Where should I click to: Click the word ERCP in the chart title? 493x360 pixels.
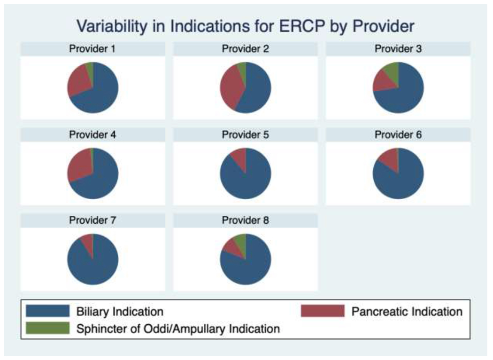click(302, 26)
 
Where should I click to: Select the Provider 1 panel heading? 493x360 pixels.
click(92, 49)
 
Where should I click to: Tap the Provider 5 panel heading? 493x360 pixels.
click(245, 135)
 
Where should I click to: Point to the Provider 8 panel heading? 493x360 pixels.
click(245, 220)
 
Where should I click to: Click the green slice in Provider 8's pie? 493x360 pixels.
click(241, 243)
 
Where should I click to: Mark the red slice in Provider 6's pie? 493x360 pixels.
click(391, 157)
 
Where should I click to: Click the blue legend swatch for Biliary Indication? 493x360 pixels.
click(47, 311)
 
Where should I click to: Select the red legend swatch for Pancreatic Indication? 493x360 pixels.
click(323, 311)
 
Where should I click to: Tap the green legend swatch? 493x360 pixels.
click(47, 328)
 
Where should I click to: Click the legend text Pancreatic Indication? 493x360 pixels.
click(407, 312)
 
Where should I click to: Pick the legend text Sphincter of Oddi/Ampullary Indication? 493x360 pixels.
click(178, 329)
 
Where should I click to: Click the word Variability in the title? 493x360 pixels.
click(112, 26)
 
